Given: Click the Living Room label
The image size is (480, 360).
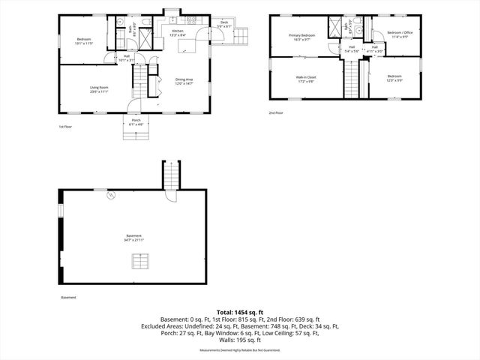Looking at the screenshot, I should pyautogui.click(x=94, y=89).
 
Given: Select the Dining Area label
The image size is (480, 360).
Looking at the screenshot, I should pyautogui.click(x=184, y=82).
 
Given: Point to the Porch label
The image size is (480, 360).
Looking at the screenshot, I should pyautogui.click(x=136, y=122).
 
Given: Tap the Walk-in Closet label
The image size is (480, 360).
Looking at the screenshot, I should pyautogui.click(x=304, y=77).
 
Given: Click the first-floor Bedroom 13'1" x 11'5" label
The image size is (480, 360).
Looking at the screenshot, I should pyautogui.click(x=84, y=40).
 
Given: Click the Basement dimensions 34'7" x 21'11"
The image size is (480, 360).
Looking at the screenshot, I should pyautogui.click(x=133, y=240).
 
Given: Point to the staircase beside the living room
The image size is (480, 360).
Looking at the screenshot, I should pyautogui.click(x=139, y=76).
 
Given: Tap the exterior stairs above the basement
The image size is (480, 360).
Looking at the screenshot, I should pyautogui.click(x=171, y=176).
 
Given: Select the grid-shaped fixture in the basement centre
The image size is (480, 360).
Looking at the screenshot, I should pyautogui.click(x=139, y=260).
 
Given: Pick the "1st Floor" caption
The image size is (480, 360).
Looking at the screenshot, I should pyautogui.click(x=65, y=127).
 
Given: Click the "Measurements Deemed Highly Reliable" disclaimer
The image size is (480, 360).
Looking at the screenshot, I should pyautogui.click(x=240, y=349).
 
